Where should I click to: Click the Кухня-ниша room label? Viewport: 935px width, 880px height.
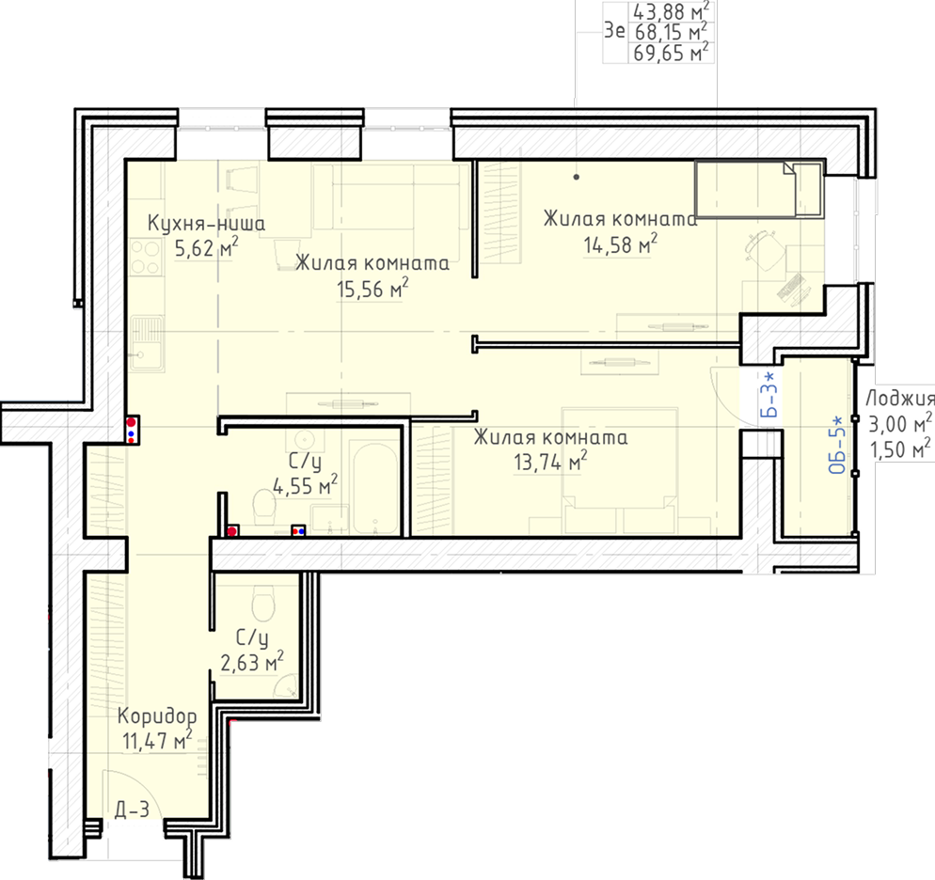point(206,224)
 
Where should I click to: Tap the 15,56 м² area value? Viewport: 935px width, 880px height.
point(372,289)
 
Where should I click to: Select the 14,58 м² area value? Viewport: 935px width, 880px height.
point(620,244)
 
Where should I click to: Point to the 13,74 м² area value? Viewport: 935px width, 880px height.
point(550,461)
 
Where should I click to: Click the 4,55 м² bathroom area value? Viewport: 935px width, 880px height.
point(306,485)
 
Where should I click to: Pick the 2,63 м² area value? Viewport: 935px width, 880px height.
point(252,661)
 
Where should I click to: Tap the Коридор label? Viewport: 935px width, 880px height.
point(157,715)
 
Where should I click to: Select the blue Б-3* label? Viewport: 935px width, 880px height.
point(771,395)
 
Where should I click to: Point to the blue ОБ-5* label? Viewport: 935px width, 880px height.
point(838,445)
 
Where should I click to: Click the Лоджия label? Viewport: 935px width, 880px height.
point(900,398)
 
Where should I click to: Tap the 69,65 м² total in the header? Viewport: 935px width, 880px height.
point(671,53)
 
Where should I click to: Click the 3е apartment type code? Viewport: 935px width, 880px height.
point(615,30)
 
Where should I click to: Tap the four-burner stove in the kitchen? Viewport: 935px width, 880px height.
point(146,257)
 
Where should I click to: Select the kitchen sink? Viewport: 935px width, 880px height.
point(148,343)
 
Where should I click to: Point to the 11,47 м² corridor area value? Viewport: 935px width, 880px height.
point(157,741)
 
